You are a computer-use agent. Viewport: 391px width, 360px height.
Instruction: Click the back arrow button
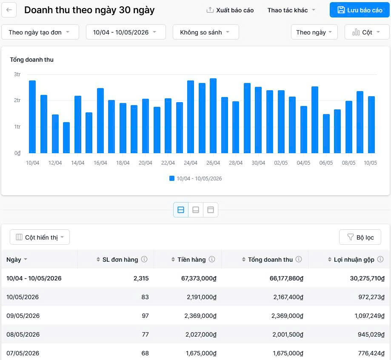(x=9, y=10)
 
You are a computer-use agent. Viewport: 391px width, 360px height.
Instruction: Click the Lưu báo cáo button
(x=360, y=10)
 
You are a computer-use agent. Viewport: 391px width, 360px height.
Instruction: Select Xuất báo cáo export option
(x=230, y=10)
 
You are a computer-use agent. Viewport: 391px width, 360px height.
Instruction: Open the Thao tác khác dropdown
(x=291, y=10)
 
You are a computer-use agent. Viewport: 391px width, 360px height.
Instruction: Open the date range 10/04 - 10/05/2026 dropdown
(x=126, y=32)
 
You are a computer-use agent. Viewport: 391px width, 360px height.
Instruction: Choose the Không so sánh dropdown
(x=206, y=32)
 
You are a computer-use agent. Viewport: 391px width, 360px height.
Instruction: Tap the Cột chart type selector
(x=367, y=32)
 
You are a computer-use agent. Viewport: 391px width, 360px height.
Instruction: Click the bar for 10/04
(x=32, y=117)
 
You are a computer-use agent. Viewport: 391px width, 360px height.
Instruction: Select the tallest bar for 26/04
(x=213, y=115)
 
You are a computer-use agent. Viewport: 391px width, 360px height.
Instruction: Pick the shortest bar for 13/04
(x=66, y=137)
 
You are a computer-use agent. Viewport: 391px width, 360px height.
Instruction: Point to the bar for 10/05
(x=371, y=125)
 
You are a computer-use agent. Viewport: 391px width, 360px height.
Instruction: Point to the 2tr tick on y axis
(x=17, y=100)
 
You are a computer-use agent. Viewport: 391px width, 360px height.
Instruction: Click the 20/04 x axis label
(x=146, y=163)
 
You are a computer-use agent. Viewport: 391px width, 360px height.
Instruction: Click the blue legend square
(x=172, y=178)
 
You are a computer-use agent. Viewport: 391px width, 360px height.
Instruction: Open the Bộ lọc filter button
(x=360, y=237)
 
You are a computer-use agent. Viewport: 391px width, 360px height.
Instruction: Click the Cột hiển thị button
(x=40, y=237)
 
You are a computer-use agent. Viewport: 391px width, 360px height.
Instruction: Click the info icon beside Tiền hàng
(x=212, y=259)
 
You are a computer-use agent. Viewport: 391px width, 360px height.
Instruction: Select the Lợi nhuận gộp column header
(x=354, y=260)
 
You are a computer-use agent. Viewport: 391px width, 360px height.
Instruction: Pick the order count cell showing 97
(x=145, y=316)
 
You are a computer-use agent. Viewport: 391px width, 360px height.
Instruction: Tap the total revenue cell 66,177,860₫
(x=286, y=278)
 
